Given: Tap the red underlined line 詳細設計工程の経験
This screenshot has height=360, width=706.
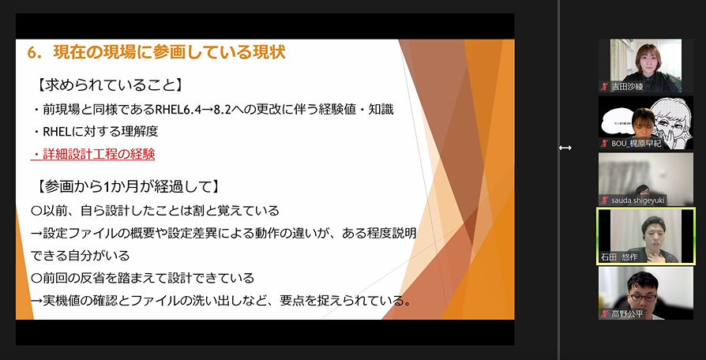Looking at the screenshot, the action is tap(92, 155).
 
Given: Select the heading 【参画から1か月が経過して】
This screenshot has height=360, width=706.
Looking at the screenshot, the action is tap(128, 186).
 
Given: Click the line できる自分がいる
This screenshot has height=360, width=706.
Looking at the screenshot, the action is tap(80, 256).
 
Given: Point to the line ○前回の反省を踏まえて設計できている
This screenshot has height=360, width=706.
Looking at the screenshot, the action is tap(143, 278).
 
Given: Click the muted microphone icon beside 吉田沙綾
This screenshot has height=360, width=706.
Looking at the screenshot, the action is tap(605, 87).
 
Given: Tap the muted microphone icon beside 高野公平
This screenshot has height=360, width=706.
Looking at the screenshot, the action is tap(605, 314).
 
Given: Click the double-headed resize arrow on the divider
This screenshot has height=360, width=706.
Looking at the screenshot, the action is tap(565, 148).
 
